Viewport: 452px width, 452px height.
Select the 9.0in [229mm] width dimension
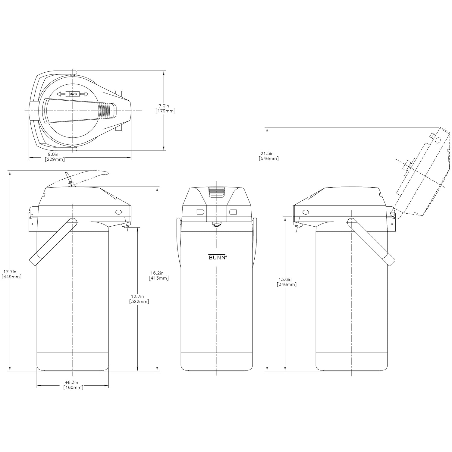pyautogui.click(x=55, y=157)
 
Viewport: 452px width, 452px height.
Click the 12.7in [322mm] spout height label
pyautogui.click(x=139, y=299)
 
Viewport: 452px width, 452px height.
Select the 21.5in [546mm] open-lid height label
pyautogui.click(x=269, y=156)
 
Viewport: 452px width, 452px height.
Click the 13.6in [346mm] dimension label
pyautogui.click(x=287, y=282)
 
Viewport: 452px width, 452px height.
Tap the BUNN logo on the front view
pyautogui.click(x=218, y=257)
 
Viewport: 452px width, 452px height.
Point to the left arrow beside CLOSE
pyautogui.click(x=61, y=94)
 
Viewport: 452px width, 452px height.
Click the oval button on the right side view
pyautogui.click(x=306, y=212)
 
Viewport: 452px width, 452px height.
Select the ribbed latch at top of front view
pyautogui.click(x=217, y=192)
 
